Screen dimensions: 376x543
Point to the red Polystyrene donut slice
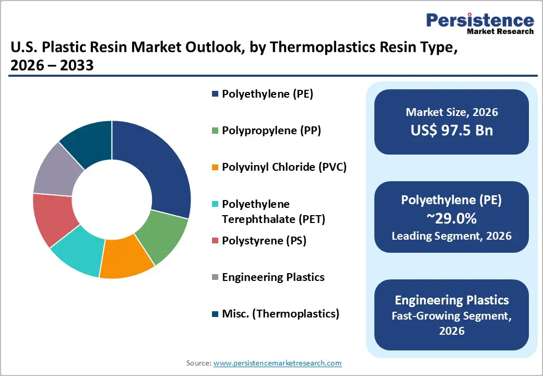click(x=52, y=218)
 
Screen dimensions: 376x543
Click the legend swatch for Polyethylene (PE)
click(x=215, y=95)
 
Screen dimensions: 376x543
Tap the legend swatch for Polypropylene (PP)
click(x=215, y=131)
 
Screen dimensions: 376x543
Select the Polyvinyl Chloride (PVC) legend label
click(x=284, y=167)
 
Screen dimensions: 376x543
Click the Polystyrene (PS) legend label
click(x=264, y=241)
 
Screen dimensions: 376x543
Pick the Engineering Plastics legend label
click(x=273, y=277)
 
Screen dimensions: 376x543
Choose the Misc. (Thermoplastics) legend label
click(x=280, y=314)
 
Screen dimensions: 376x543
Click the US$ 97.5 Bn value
click(x=452, y=130)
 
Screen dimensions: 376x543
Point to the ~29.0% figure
click(x=452, y=218)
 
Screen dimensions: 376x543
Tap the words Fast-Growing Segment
click(x=452, y=316)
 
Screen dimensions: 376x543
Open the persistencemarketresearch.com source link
click(x=278, y=363)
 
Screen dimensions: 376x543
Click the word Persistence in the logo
click(x=480, y=20)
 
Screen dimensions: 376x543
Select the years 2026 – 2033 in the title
click(x=52, y=66)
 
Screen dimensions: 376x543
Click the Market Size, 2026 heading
click(x=452, y=112)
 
